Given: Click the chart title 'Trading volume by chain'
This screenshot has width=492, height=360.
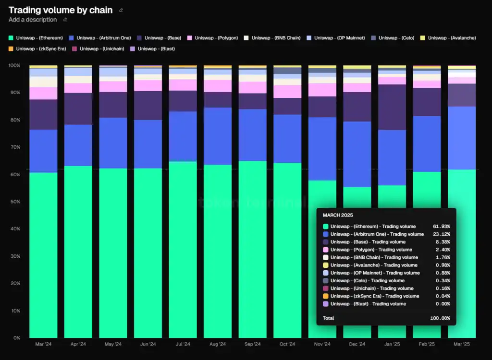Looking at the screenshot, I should [x=61, y=10].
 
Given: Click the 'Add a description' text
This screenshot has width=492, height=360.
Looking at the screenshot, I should [x=33, y=20].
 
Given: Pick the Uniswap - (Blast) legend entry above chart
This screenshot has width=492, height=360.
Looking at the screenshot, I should [x=156, y=48].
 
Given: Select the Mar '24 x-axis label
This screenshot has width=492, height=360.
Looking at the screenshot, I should [x=43, y=344].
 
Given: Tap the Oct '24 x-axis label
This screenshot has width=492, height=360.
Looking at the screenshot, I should [x=287, y=344].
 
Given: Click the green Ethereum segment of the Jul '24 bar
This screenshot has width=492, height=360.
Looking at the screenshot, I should [x=183, y=250].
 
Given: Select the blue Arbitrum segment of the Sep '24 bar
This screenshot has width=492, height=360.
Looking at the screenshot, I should [x=252, y=135].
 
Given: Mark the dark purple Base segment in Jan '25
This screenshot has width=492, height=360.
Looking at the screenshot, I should [x=392, y=107].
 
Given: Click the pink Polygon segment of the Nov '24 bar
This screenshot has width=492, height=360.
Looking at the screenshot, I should [x=322, y=90].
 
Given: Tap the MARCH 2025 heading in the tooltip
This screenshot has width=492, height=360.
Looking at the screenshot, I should [x=338, y=215].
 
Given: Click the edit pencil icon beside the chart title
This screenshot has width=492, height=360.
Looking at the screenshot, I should [x=121, y=10].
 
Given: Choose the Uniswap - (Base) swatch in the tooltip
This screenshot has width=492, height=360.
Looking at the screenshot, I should [x=326, y=242].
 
